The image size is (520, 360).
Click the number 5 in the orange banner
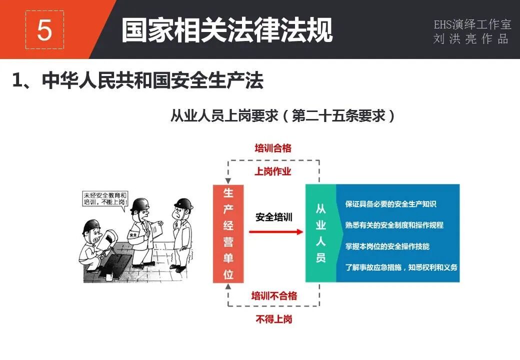pyautogui.click(x=44, y=31)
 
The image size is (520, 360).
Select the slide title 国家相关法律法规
pyautogui.click(x=227, y=31)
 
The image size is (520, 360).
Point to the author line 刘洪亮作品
pyautogui.click(x=471, y=39)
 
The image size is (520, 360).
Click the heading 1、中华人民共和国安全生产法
pyautogui.click(x=137, y=81)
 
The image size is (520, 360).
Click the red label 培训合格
pyautogui.click(x=273, y=148)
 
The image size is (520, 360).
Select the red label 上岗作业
pyautogui.click(x=273, y=171)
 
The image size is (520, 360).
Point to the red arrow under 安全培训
pyautogui.click(x=276, y=231)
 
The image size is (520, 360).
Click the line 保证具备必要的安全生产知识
pyautogui.click(x=390, y=204)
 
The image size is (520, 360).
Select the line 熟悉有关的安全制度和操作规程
pyautogui.click(x=394, y=225)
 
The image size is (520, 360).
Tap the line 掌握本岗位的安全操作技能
pyautogui.click(x=387, y=246)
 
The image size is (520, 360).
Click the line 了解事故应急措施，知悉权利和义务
pyautogui.click(x=401, y=267)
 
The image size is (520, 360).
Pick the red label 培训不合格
pyautogui.click(x=274, y=295)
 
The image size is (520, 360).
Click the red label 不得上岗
pyautogui.click(x=274, y=318)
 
